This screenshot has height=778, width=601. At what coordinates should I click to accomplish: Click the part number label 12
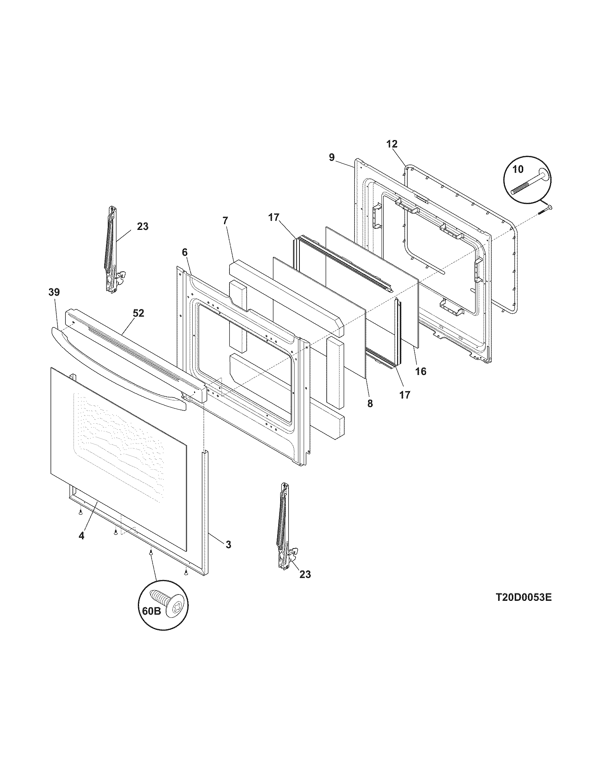coord(392,144)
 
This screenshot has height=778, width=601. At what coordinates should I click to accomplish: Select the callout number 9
coord(332,157)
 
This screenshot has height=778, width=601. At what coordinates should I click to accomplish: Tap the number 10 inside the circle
coord(518,169)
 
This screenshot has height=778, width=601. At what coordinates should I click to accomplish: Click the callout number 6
coord(184,252)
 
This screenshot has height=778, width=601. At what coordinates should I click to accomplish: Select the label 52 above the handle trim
coord(139,313)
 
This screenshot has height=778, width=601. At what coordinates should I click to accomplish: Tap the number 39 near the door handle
coord(54,292)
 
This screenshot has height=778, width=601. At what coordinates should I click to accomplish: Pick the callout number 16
coord(420,371)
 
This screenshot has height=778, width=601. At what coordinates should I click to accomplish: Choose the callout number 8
coord(370,403)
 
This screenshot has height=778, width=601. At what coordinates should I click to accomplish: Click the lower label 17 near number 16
coord(405,395)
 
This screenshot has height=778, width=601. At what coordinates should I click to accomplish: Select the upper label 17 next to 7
coord(274,217)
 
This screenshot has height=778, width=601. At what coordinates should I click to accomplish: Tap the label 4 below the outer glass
coord(82,546)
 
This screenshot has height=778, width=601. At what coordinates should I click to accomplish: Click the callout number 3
coord(228,554)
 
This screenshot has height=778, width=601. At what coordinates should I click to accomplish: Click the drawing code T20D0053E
coord(523,597)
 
